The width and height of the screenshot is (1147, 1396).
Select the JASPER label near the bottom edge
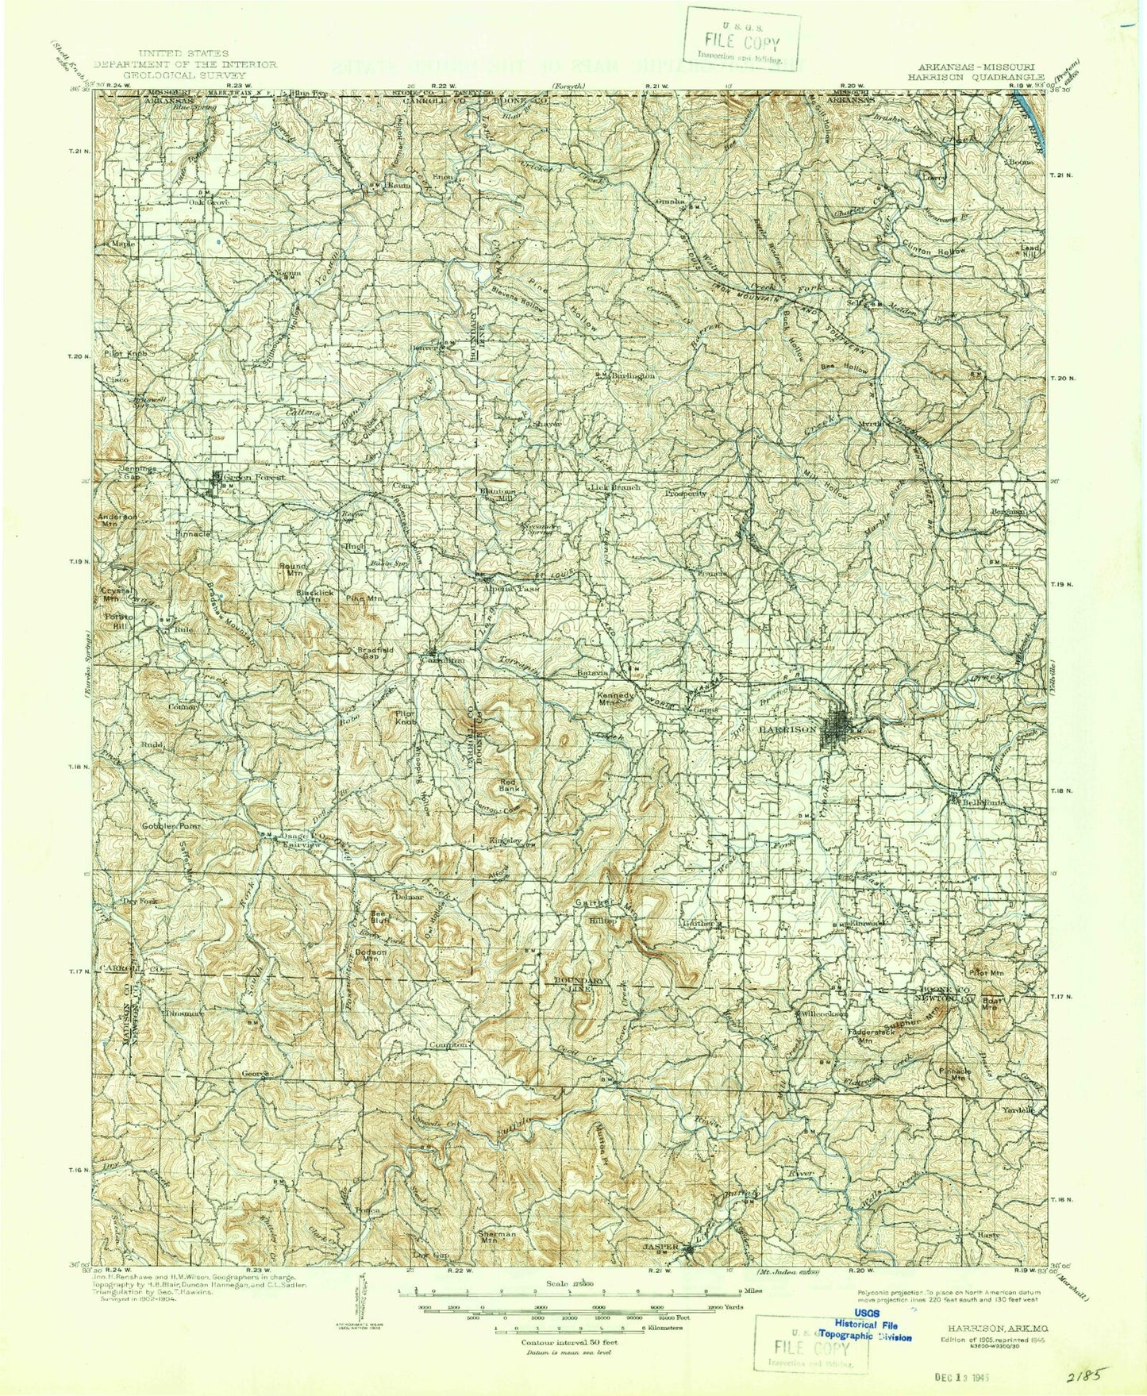(660, 1247)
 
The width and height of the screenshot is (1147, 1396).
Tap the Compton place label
(448, 1045)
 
